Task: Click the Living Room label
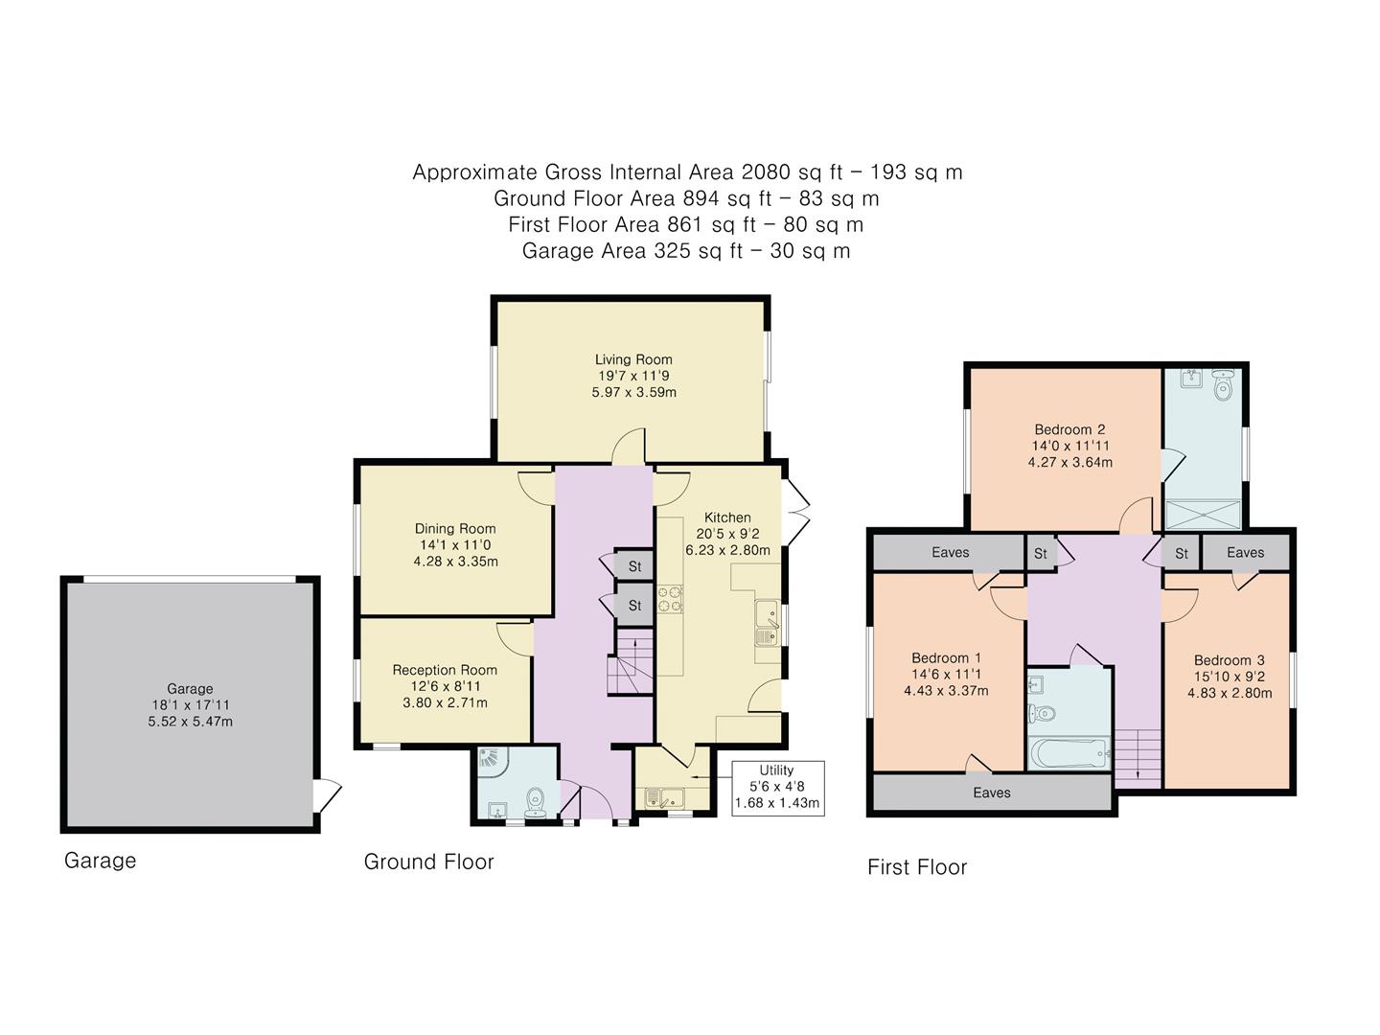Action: click(633, 360)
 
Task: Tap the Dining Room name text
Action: click(455, 528)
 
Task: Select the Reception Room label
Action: click(445, 670)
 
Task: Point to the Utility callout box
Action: click(776, 787)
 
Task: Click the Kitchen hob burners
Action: click(670, 598)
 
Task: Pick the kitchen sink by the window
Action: click(767, 623)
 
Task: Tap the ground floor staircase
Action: click(630, 663)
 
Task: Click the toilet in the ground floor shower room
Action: click(537, 798)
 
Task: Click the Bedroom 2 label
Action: click(1069, 429)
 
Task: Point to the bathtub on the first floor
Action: click(1068, 753)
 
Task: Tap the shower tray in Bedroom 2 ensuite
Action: click(1202, 515)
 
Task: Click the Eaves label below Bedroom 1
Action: click(991, 793)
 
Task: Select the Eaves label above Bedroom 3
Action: click(1245, 552)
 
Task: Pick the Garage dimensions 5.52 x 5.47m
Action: click(190, 722)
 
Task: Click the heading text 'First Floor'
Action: click(917, 867)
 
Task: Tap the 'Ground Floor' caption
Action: click(428, 862)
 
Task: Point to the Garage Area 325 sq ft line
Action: click(686, 251)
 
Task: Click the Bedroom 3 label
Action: click(1229, 660)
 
